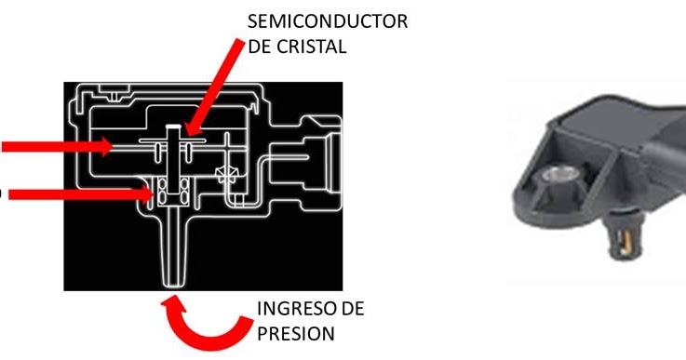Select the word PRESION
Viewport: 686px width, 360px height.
click(x=291, y=333)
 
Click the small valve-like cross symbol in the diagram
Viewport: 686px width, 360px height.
click(x=224, y=175)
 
